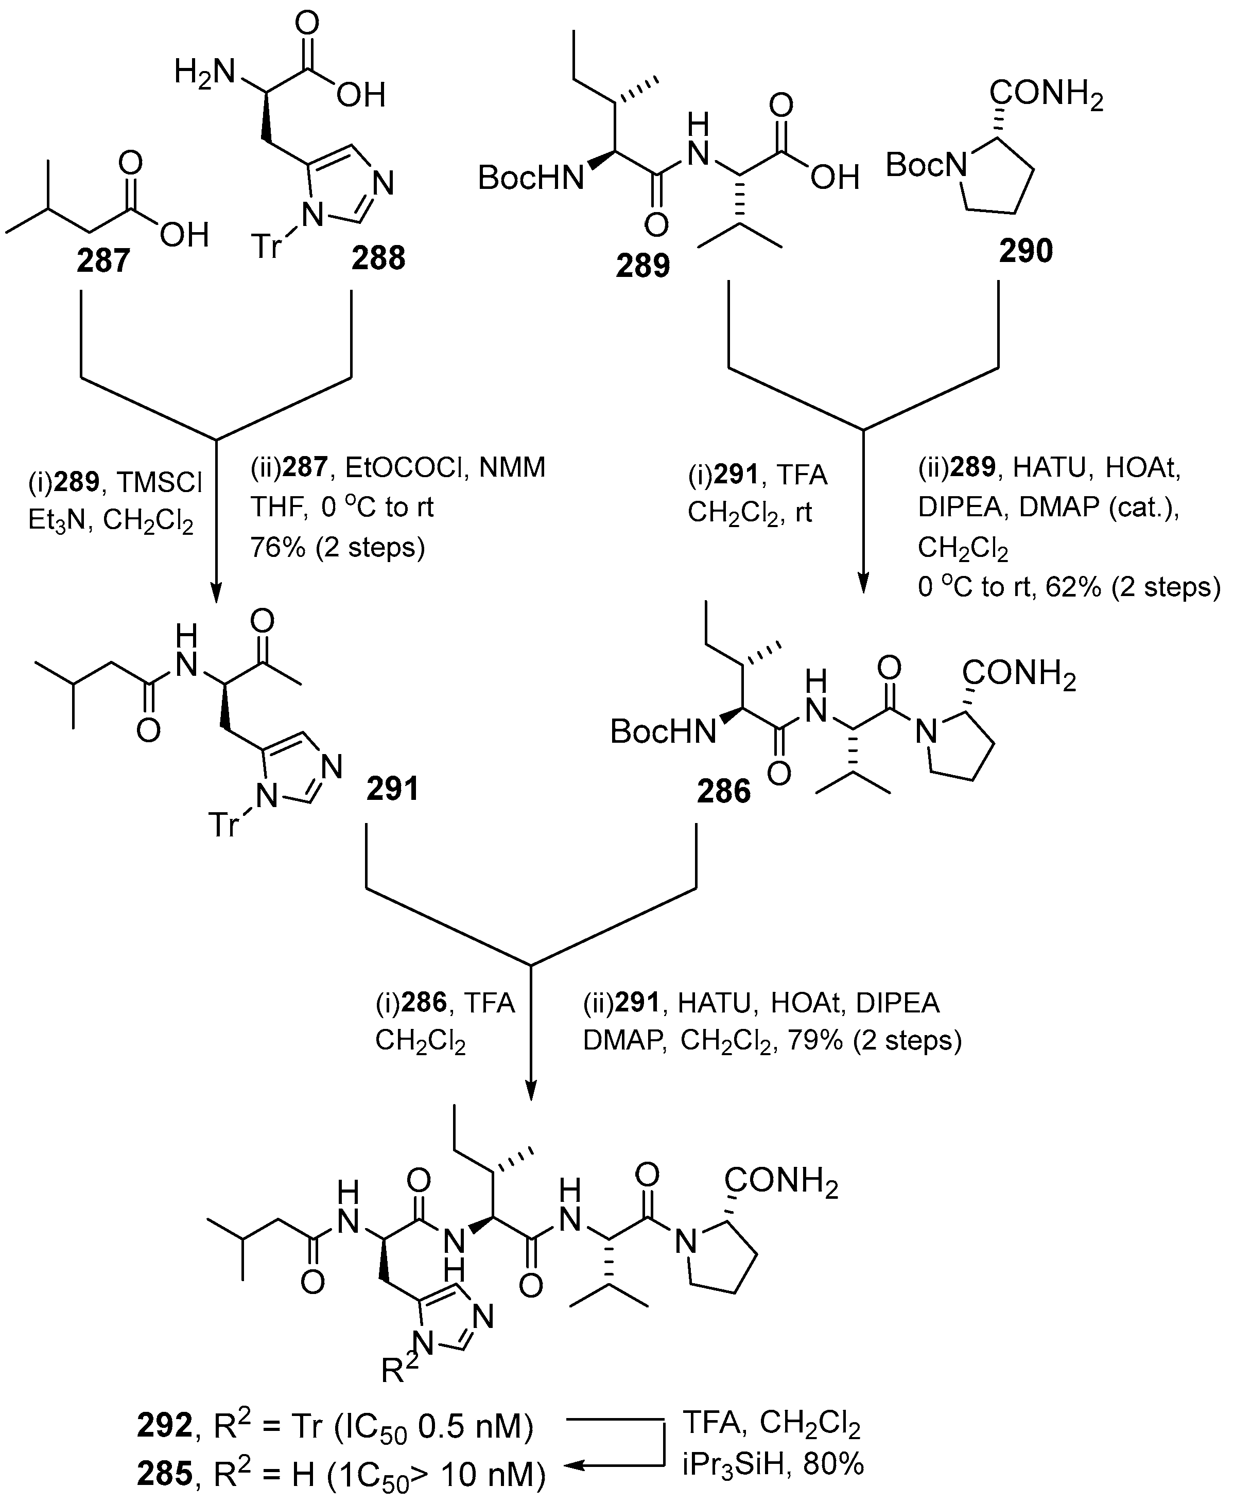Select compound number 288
tap(378, 257)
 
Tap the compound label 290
tap(1025, 251)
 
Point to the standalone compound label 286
tap(724, 791)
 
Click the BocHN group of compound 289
tap(530, 178)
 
